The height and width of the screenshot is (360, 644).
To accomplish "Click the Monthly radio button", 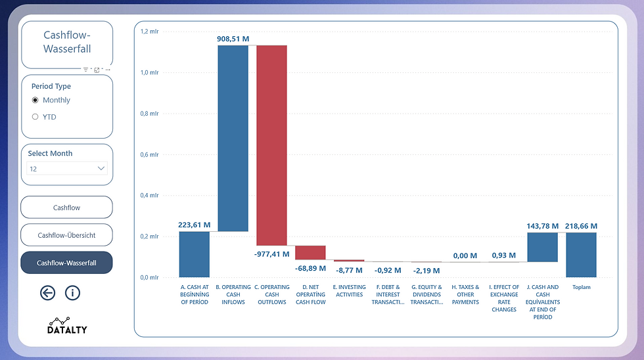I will [35, 100].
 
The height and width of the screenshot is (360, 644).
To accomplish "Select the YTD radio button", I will [35, 117].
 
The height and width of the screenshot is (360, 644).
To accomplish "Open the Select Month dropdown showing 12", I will [66, 169].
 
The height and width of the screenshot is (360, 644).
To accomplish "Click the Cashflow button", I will [66, 208].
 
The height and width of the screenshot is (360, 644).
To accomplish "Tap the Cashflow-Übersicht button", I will [66, 235].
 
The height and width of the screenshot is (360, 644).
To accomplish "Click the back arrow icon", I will [47, 293].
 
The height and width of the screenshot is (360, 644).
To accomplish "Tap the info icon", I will [72, 293].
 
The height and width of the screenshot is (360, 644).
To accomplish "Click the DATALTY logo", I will [67, 326].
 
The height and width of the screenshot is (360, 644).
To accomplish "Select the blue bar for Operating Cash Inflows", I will [233, 138].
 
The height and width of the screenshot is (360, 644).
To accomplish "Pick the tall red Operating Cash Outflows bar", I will [271, 145].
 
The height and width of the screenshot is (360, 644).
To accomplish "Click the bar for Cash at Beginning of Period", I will [194, 254].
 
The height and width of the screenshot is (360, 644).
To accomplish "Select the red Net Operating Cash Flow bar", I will [310, 252].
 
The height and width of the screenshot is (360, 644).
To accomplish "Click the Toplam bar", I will [581, 254].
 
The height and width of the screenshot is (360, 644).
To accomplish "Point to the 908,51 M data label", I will [233, 39].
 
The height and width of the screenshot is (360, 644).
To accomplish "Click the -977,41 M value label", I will [271, 254].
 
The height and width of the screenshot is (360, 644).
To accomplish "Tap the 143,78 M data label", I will [543, 226].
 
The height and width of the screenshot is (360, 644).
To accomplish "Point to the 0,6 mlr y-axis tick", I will [149, 154].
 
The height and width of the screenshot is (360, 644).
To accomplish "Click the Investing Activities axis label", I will [349, 290].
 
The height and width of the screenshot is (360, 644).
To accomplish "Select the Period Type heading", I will [51, 86].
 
